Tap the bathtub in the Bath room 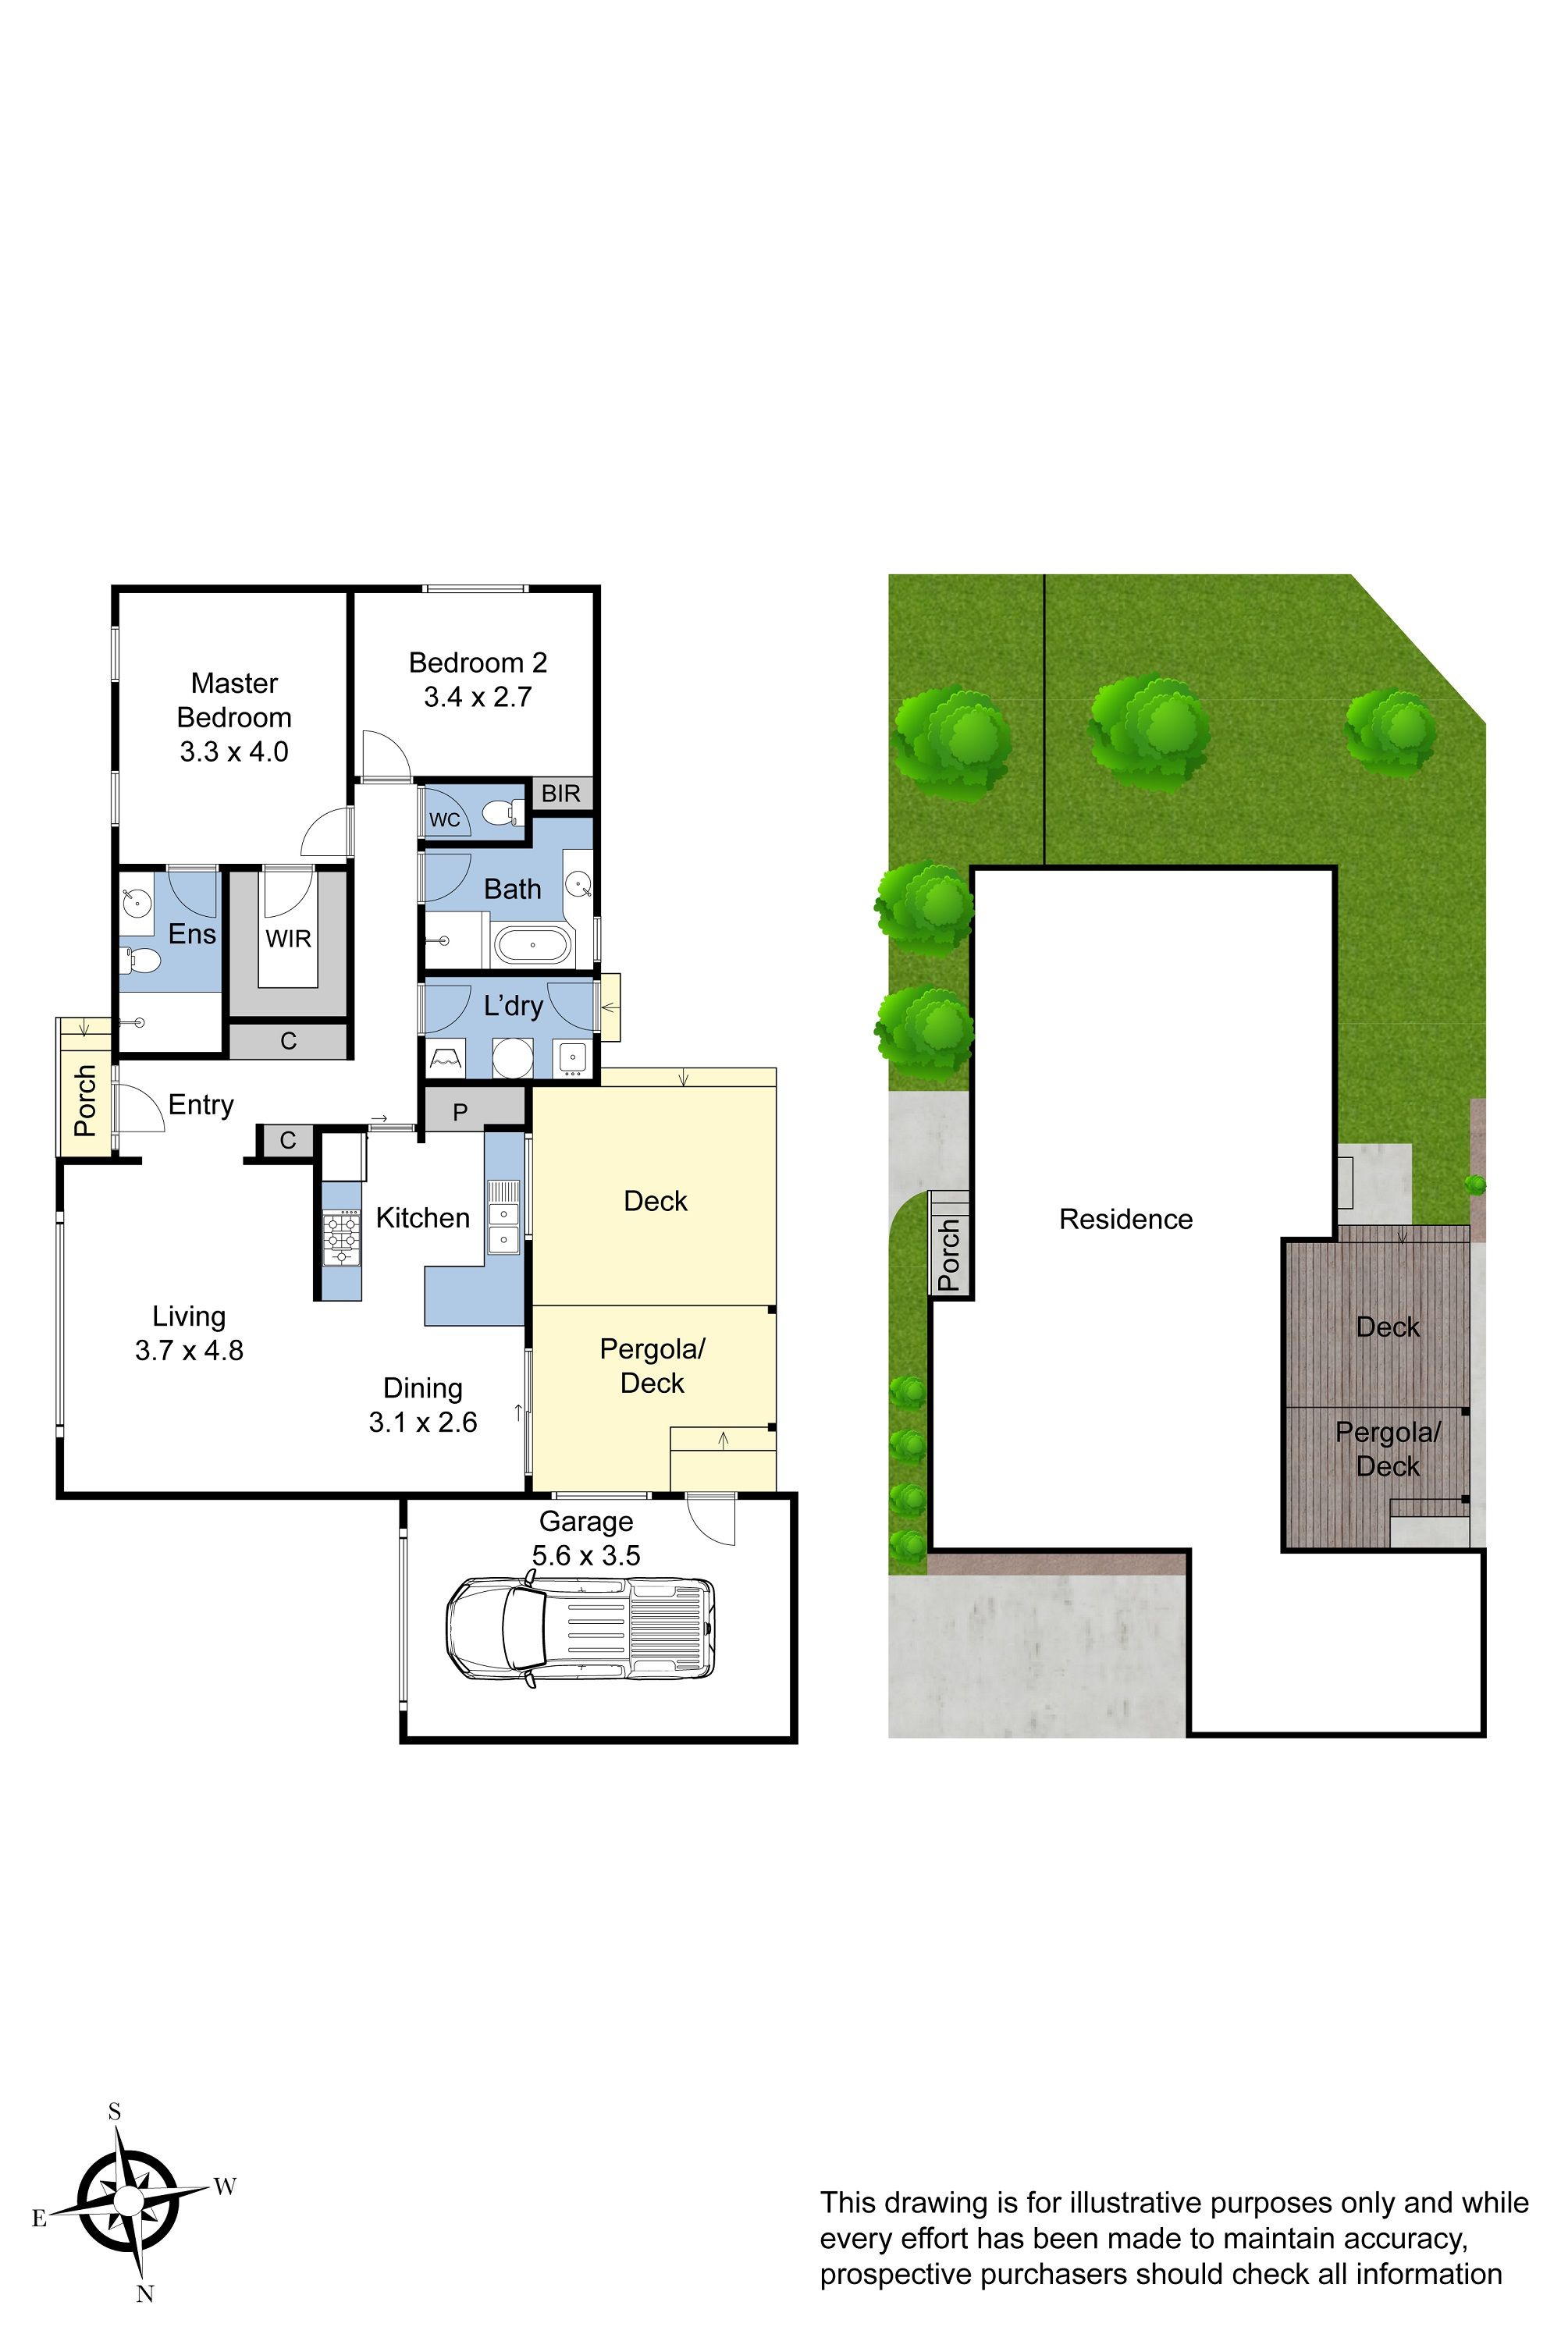(534, 944)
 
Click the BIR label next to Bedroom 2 (560, 794)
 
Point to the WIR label (288, 939)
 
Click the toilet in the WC (503, 813)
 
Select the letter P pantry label (460, 1113)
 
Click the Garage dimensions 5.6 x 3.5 (586, 1554)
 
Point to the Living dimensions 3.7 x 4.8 (189, 1351)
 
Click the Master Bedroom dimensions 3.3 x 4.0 (234, 751)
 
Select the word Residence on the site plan (1126, 1219)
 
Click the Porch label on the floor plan (86, 1101)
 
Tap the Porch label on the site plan (950, 1255)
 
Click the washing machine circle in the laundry (513, 1058)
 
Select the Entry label (201, 1106)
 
